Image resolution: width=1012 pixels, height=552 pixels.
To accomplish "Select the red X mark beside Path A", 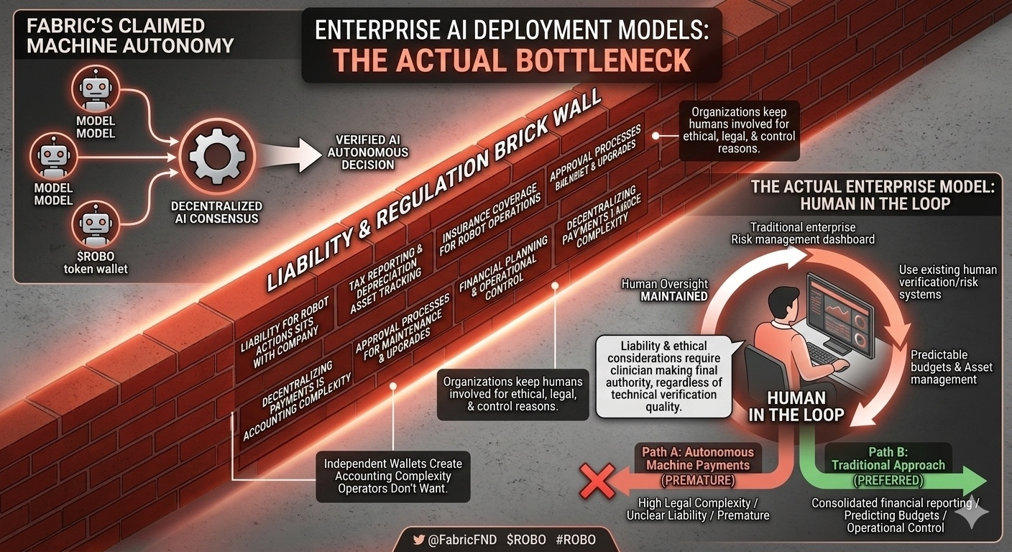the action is (x=597, y=481).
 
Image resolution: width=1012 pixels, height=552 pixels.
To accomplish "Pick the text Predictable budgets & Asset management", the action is (x=951, y=367).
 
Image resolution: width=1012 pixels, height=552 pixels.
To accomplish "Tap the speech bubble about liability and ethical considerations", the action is (x=663, y=376).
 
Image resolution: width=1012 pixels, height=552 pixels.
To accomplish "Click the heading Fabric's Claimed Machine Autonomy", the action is (x=129, y=36).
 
